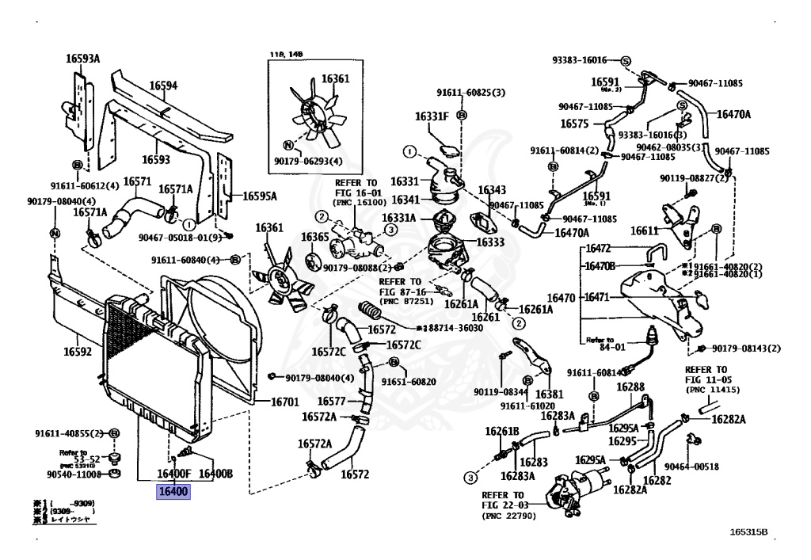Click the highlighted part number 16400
[x=173, y=492]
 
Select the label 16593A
[x=82, y=58]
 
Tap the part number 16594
[x=163, y=86]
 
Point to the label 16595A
[x=260, y=196]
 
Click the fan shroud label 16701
[x=284, y=402]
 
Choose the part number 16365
[x=314, y=237]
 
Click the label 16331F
[x=432, y=116]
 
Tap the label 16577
[x=332, y=402]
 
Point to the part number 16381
[x=549, y=394]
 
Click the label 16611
[x=645, y=231]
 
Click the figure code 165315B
[x=749, y=532]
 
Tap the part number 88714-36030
[x=449, y=328]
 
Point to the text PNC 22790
[x=509, y=516]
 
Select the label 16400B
[x=215, y=474]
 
